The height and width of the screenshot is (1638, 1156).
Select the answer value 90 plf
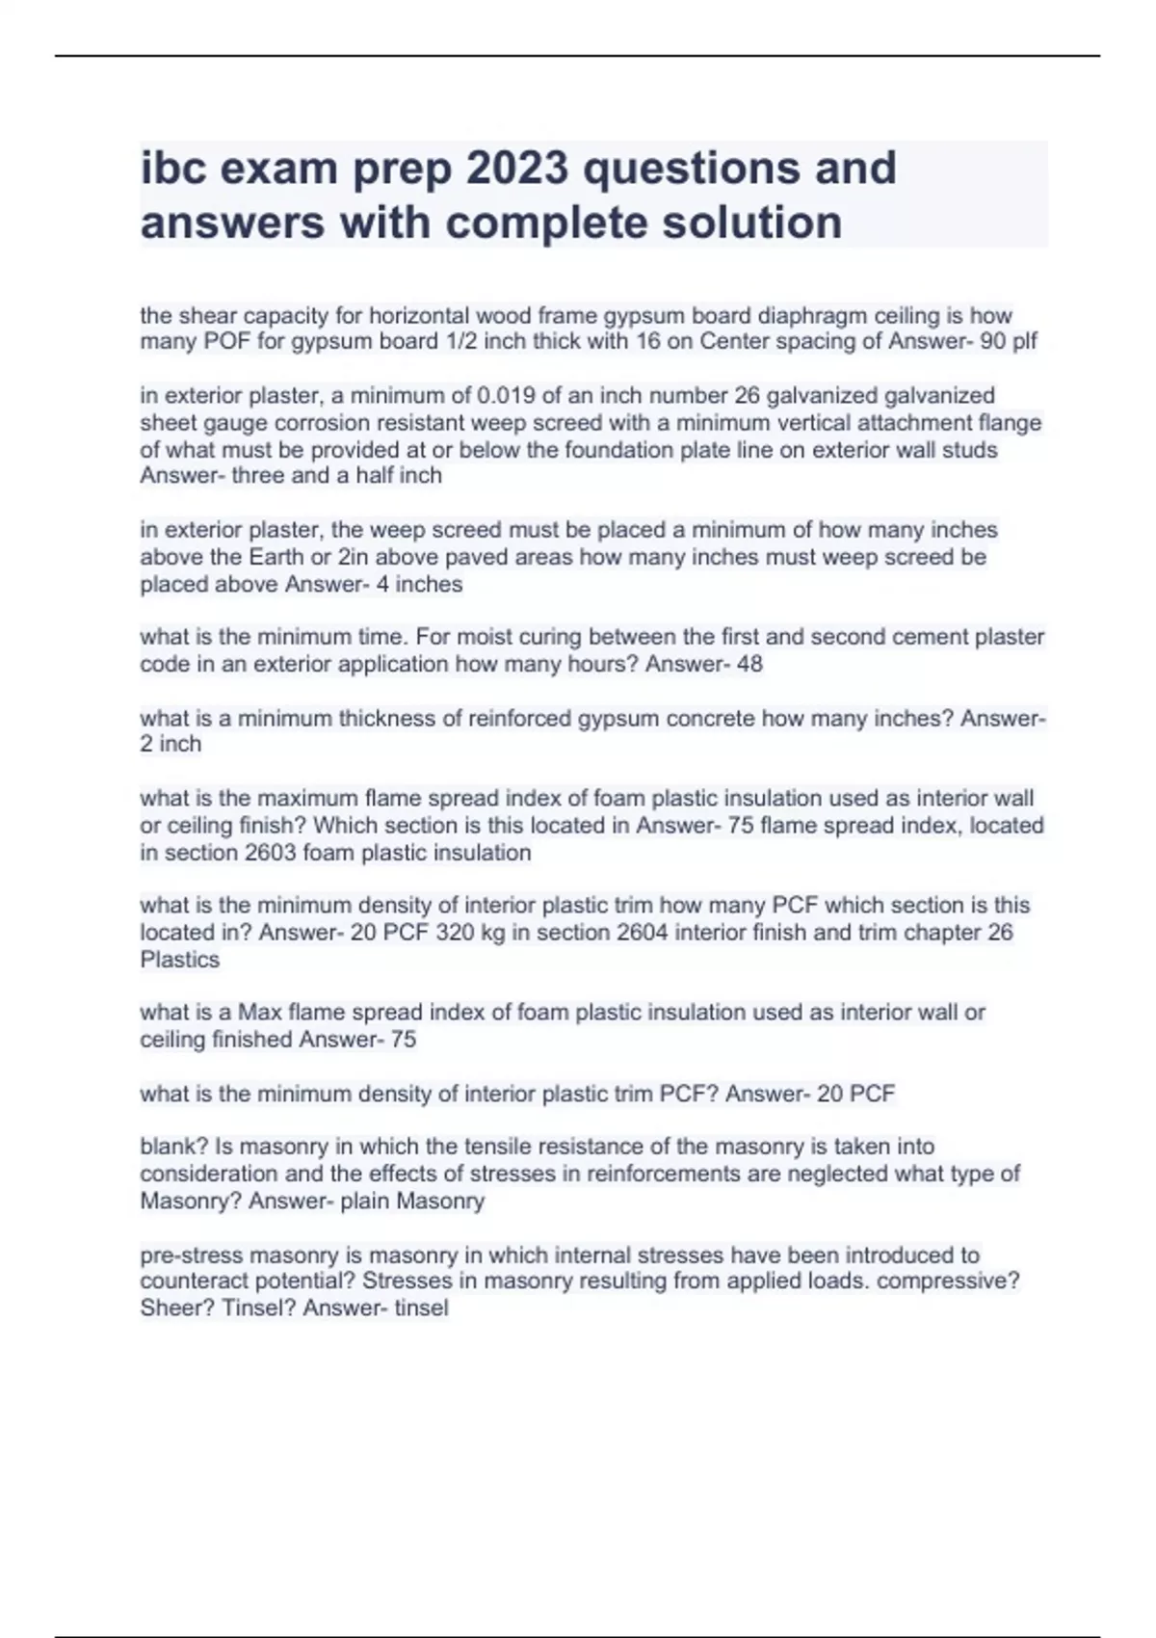tap(1009, 342)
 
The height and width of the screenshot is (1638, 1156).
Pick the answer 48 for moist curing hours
tap(749, 664)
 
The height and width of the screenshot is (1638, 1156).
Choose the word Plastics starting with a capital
tap(180, 960)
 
